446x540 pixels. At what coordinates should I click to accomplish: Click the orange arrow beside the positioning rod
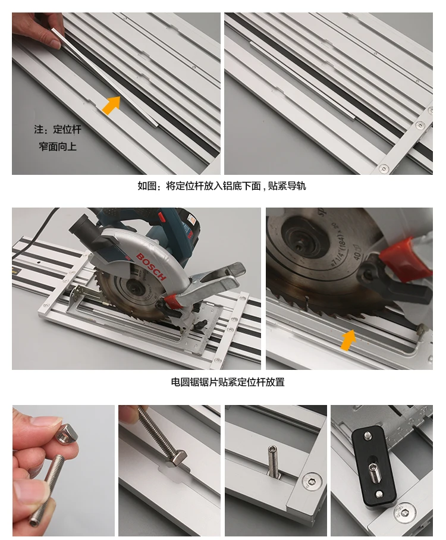[110, 104]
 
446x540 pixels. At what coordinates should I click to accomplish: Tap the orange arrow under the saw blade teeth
[348, 340]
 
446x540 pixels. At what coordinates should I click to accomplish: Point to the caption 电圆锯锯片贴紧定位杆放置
[228, 382]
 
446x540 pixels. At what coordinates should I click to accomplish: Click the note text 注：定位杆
[57, 128]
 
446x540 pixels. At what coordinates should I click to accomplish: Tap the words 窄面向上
[57, 146]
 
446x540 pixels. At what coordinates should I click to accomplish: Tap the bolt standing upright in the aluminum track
[272, 461]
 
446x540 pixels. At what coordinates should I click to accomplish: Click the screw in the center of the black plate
[376, 470]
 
